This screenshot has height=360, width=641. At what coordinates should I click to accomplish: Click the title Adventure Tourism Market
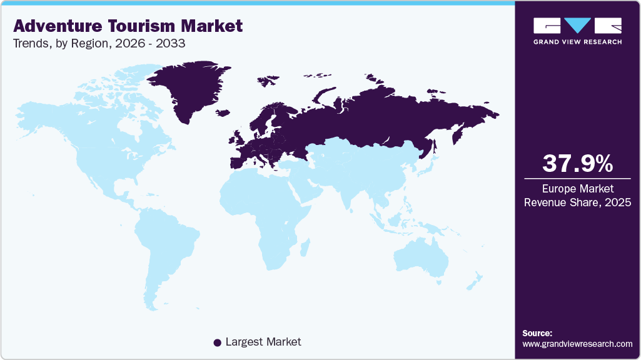click(x=128, y=26)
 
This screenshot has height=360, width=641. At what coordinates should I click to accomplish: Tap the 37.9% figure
click(x=577, y=164)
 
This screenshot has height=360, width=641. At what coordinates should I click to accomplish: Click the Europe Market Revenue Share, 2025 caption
click(x=577, y=196)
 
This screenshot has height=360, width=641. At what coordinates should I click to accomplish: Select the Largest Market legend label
click(x=263, y=342)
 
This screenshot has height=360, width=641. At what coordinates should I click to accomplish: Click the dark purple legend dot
click(x=217, y=342)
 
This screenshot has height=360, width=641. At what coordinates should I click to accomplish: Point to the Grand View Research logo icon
click(x=577, y=26)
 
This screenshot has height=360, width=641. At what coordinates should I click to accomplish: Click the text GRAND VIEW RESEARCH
click(x=577, y=42)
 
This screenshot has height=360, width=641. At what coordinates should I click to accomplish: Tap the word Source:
click(x=537, y=333)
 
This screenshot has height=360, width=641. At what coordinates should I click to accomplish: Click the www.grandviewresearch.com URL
click(x=577, y=344)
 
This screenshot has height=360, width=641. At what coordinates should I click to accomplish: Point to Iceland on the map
click(x=223, y=113)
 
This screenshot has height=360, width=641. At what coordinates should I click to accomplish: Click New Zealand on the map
click(x=472, y=281)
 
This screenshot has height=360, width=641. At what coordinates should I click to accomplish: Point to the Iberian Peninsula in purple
click(x=236, y=161)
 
